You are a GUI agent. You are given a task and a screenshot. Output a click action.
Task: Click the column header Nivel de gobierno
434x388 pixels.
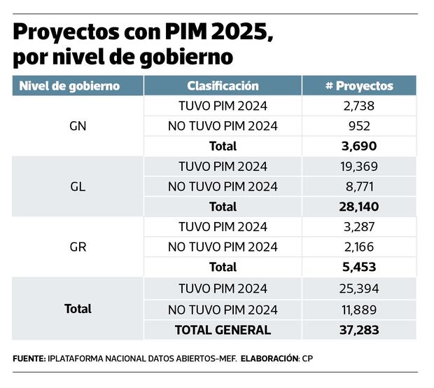69,86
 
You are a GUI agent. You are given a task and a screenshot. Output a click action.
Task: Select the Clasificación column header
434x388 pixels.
223,86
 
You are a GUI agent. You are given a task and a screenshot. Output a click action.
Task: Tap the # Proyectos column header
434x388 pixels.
359,86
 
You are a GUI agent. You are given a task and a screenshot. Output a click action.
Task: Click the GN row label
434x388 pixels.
78,127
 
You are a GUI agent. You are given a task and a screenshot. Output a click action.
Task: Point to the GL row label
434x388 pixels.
78,187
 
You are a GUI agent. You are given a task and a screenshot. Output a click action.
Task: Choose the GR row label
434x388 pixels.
78,247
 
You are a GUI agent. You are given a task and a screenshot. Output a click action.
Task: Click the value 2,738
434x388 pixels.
359,106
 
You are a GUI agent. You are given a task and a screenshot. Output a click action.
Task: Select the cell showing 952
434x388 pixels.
359,127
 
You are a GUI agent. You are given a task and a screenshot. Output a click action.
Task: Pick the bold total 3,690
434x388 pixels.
359,146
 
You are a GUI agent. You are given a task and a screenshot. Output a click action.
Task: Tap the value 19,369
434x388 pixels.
359,167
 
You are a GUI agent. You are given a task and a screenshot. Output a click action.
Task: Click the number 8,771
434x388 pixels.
359,187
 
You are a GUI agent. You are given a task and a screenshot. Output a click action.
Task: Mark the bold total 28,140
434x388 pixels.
359,207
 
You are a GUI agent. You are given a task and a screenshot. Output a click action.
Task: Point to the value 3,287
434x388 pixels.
359,227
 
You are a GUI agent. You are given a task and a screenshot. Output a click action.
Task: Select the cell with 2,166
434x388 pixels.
359,247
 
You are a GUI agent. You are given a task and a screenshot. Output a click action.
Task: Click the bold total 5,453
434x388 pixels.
359,267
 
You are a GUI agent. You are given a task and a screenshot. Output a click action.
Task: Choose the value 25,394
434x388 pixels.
359,288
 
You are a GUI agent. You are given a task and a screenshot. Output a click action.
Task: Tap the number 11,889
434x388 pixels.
359,309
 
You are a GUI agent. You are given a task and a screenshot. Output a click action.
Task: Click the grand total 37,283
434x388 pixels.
359,329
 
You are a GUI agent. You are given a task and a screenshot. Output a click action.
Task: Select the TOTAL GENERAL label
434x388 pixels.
223,329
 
